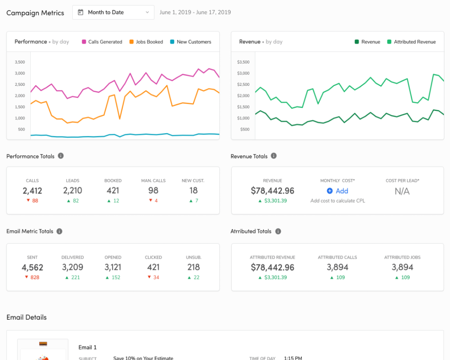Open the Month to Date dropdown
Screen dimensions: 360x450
click(113, 12)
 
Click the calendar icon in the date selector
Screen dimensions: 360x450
click(80, 12)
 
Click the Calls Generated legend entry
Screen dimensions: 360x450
click(102, 42)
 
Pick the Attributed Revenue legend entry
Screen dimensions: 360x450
click(411, 42)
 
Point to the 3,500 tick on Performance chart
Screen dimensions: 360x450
click(20, 62)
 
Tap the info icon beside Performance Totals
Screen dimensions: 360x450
click(61, 156)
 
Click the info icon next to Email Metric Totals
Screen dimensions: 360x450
click(60, 231)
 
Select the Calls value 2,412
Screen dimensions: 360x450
click(32, 191)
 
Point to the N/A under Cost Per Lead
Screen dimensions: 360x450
click(402, 191)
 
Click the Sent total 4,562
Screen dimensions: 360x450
click(32, 267)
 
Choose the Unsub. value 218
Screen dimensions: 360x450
click(193, 267)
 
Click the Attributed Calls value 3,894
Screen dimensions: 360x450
click(337, 267)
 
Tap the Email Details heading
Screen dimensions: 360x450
click(27, 317)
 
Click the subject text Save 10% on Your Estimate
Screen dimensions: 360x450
click(143, 358)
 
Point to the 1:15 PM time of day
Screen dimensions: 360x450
click(293, 358)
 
